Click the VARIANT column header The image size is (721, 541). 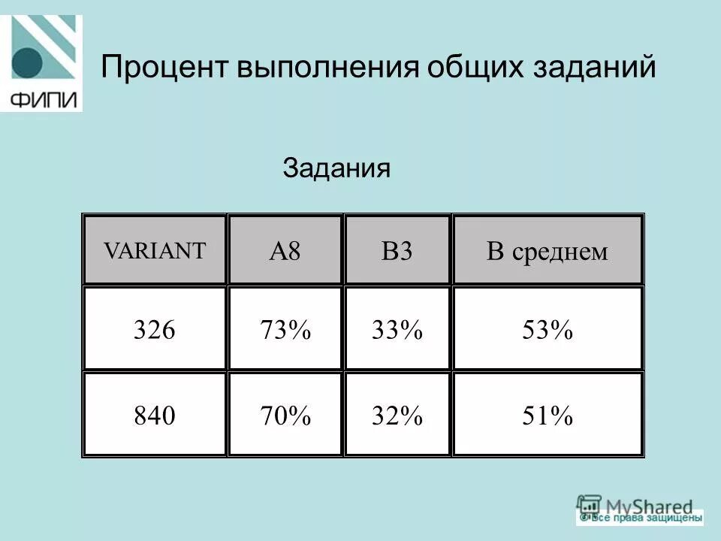tap(154, 250)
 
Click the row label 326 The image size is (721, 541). tap(154, 329)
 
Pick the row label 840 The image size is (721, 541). tap(154, 415)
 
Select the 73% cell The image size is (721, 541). tap(285, 329)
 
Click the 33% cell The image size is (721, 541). tap(397, 329)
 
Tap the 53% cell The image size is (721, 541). tap(548, 329)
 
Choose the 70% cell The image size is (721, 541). tap(285, 415)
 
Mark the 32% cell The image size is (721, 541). tap(397, 415)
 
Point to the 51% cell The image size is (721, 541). tap(548, 415)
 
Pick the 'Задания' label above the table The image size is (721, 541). tap(336, 168)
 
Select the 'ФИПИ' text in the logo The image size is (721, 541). tap(43, 99)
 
